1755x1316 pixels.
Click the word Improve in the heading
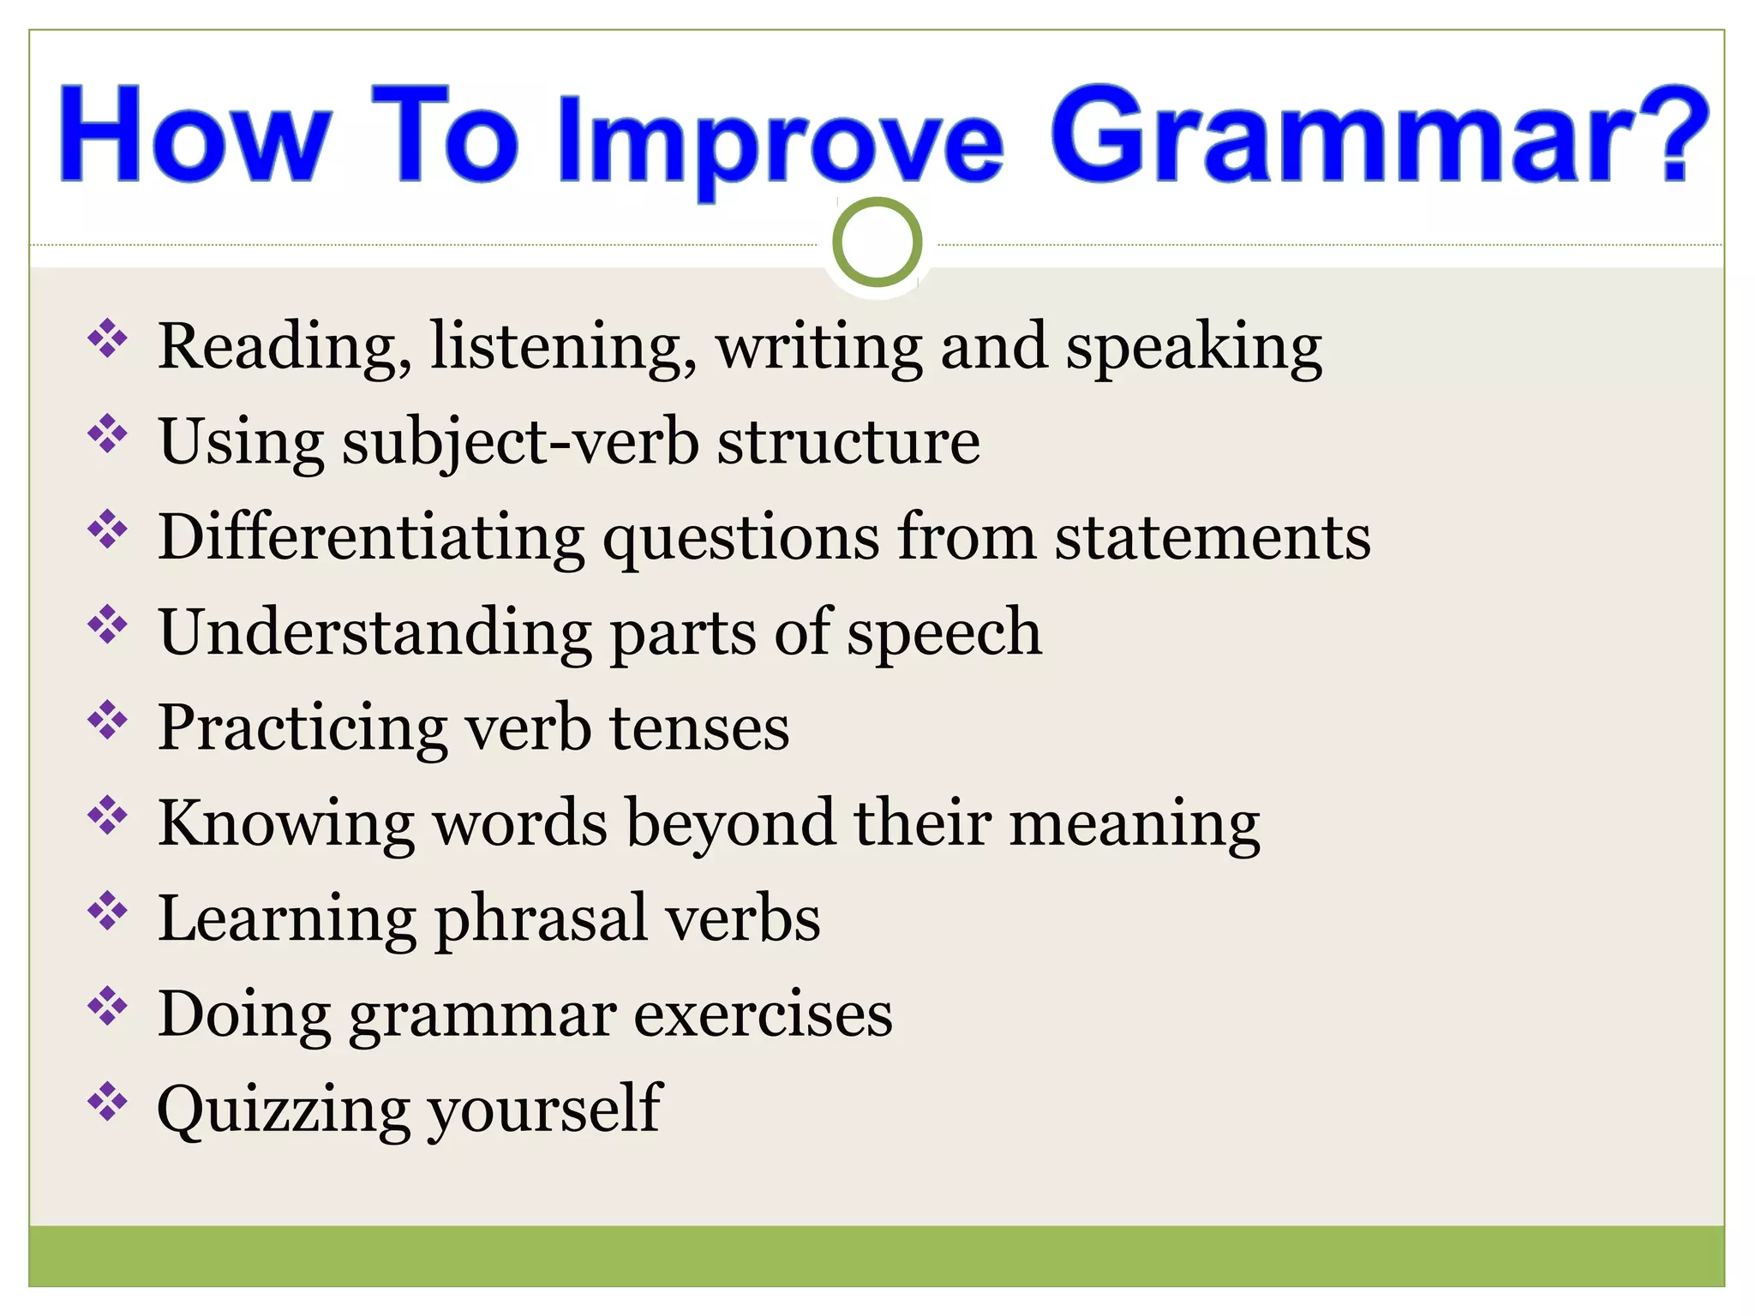[780, 141]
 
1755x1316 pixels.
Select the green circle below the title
[877, 242]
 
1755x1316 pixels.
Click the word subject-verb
[520, 443]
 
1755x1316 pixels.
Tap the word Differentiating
[371, 538]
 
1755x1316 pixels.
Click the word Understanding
[374, 632]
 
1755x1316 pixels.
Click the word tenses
[699, 728]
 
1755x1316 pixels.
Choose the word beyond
[730, 824]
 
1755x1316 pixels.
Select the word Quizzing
[284, 1110]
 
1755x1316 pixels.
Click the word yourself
[545, 1110]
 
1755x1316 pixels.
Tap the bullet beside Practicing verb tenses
[107, 720]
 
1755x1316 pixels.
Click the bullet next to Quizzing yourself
[107, 1102]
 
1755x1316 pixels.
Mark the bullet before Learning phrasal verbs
[107, 911]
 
